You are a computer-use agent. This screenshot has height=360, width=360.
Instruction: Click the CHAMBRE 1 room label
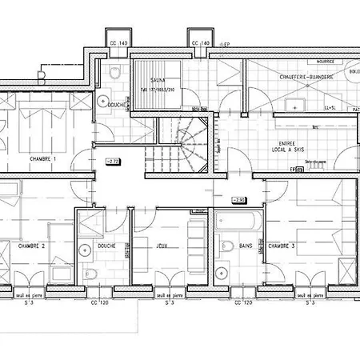point(43,159)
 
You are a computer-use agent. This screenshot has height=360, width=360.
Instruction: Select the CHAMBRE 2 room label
point(32,246)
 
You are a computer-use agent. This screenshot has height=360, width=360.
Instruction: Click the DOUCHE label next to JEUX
point(106,246)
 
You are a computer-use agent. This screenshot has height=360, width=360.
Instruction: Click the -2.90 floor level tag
point(238,199)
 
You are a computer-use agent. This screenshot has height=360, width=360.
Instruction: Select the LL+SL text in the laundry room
point(329,106)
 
